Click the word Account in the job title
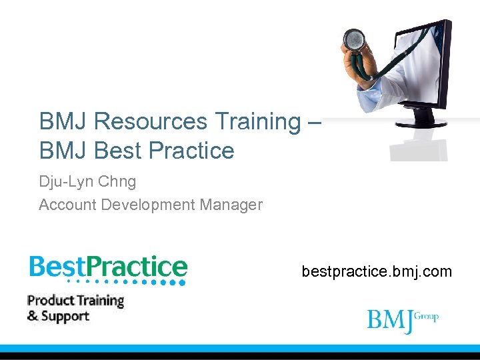tap(67, 205)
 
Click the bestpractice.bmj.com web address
tap(377, 271)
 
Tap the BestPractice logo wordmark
tap(108, 267)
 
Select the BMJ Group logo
tap(402, 319)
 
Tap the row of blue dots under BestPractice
tap(127, 282)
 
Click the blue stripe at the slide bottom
tap(240, 348)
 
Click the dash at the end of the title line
tap(315, 122)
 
